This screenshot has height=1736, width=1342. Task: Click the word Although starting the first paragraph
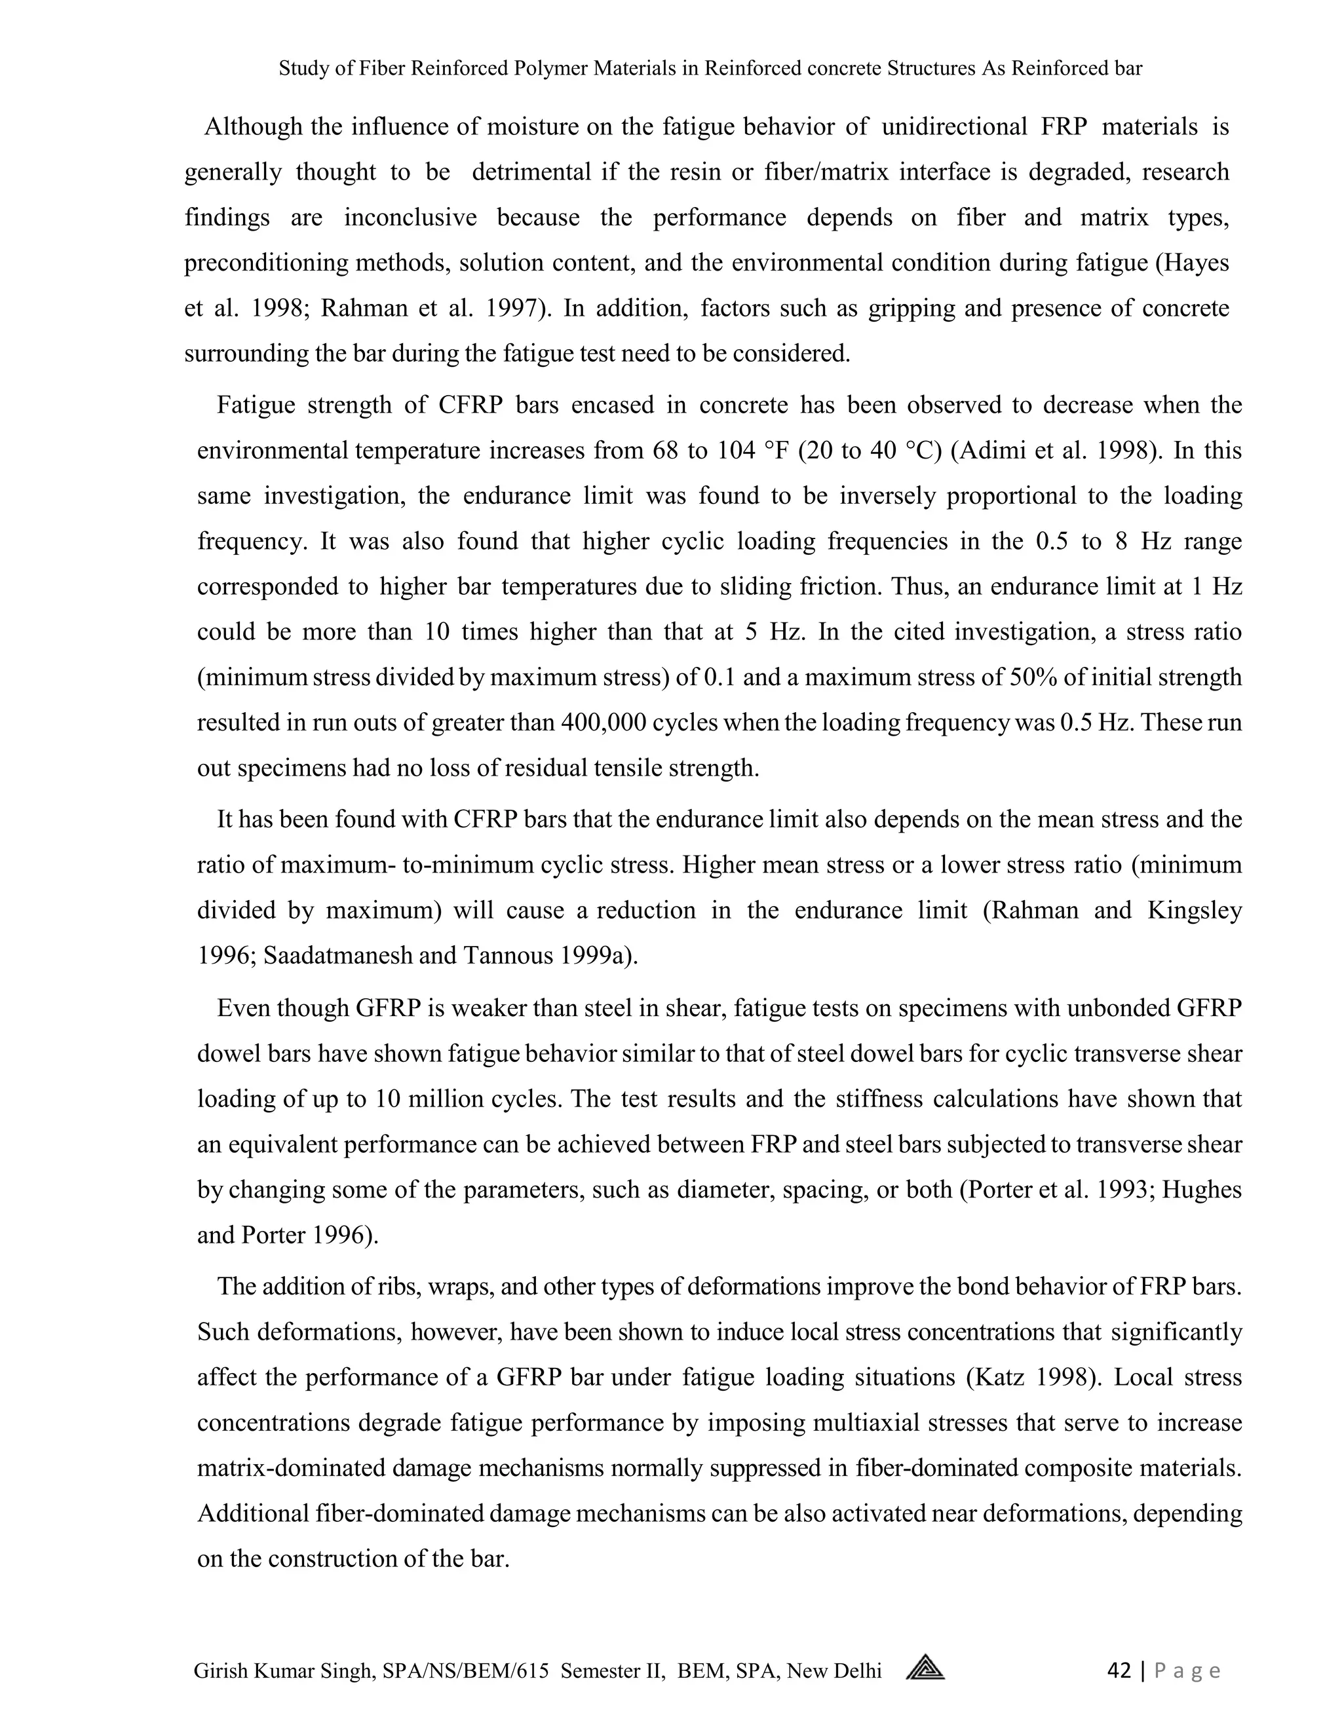coord(254,126)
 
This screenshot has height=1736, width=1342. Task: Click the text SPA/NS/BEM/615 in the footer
coord(465,1671)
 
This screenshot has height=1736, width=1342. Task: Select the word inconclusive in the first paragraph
coord(410,217)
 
